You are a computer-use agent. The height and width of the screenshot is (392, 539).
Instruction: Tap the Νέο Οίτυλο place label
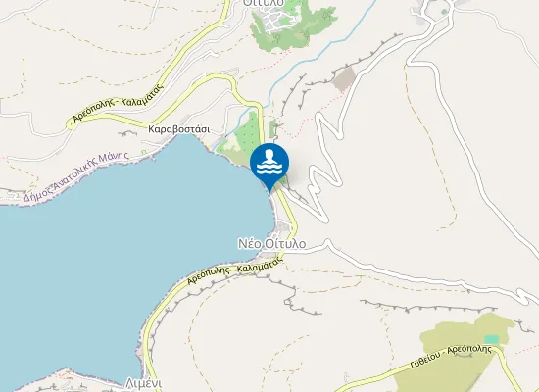271,242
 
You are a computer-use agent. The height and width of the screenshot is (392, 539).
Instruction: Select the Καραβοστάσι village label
178,128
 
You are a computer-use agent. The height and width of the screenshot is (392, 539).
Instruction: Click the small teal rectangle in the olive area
491,339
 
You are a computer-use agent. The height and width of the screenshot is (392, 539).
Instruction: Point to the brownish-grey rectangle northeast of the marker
343,79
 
